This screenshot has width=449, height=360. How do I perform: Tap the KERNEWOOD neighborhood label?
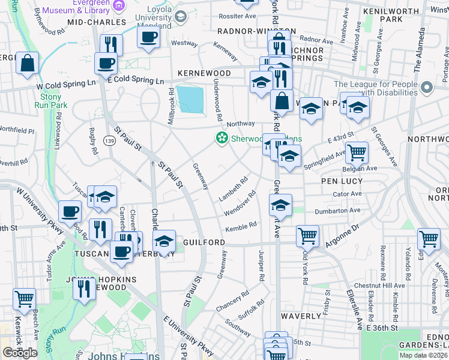click(x=204, y=73)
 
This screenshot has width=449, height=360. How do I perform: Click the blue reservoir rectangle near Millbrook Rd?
click(x=190, y=98)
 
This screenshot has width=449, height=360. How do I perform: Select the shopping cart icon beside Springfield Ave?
click(x=357, y=154)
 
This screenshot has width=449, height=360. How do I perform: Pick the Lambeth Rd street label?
click(x=234, y=188)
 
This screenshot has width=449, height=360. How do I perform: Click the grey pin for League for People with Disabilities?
click(x=427, y=88)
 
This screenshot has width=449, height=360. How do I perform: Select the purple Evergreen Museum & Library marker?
click(x=119, y=5)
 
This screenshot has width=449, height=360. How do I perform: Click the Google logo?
click(x=20, y=353)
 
